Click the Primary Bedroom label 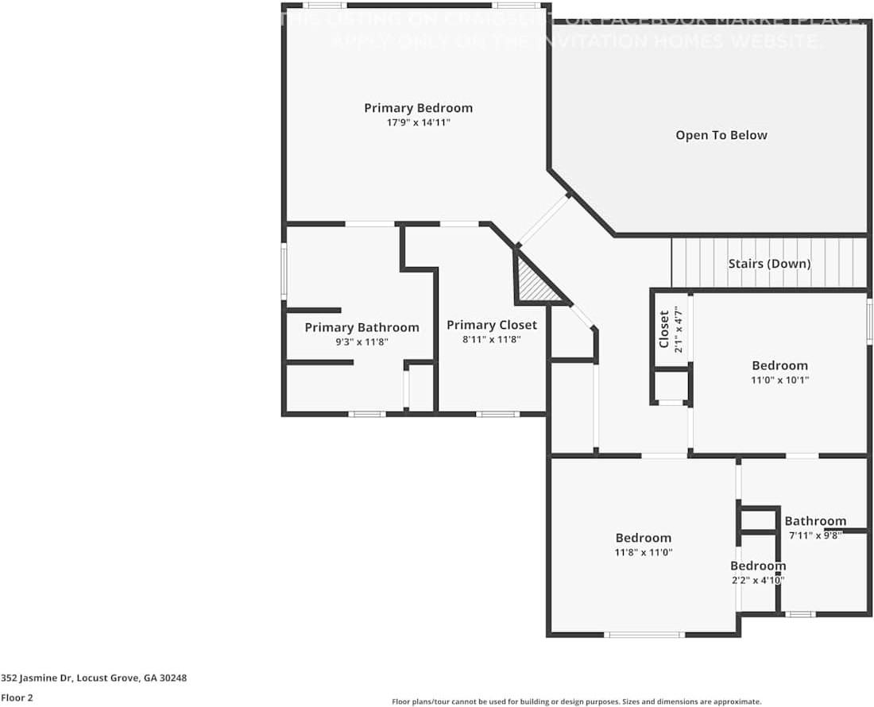[x=418, y=108]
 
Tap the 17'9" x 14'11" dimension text [x=418, y=122]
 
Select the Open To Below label [x=721, y=135]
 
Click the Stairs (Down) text [x=769, y=263]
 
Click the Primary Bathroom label [x=362, y=327]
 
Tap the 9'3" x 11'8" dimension [x=362, y=342]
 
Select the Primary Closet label [x=491, y=325]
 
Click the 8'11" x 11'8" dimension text [x=491, y=339]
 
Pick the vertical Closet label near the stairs [x=664, y=329]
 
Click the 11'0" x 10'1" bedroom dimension [x=779, y=380]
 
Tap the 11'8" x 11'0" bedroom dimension [x=644, y=552]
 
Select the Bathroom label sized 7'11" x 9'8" [x=815, y=521]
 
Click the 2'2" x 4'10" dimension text [x=758, y=580]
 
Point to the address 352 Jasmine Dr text [x=94, y=678]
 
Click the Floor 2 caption [x=17, y=697]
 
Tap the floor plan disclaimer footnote [x=576, y=701]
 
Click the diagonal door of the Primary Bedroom [x=544, y=218]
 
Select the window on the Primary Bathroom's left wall [x=284, y=271]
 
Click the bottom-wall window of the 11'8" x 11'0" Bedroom [x=644, y=634]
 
